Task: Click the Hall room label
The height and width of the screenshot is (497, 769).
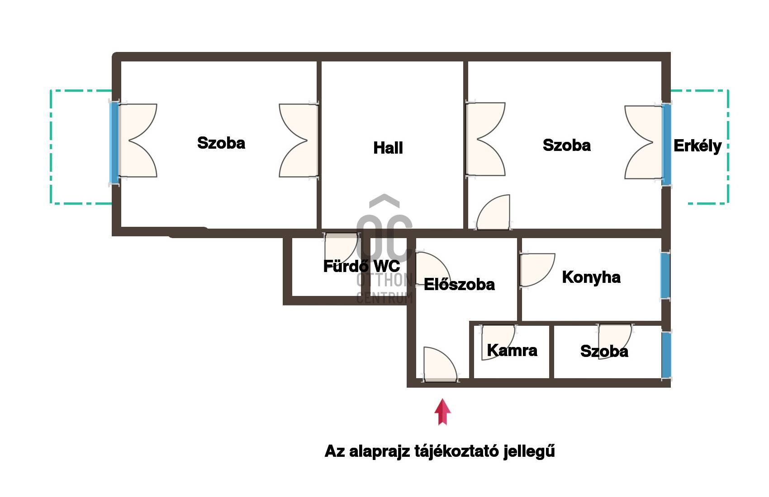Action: coord(388,148)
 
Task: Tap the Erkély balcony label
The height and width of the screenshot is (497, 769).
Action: coord(697,146)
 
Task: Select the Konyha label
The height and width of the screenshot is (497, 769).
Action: coord(591,277)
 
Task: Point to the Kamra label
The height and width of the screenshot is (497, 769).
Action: coord(512,351)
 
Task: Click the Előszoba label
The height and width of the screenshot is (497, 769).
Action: coord(459,285)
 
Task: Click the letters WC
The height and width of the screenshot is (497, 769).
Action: coord(387,267)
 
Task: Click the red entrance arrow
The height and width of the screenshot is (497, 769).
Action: coord(442,412)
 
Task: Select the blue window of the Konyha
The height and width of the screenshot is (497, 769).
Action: coord(665,276)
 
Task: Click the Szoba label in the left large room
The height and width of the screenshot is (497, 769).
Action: coord(221,143)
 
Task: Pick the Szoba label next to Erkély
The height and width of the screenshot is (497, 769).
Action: coord(566,145)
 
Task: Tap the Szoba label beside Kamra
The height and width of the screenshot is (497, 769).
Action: coord(604,351)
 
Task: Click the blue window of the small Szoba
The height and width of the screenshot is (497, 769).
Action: coord(666,355)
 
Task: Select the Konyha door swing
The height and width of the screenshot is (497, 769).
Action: coord(537,270)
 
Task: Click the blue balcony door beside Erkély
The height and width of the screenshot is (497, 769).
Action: coord(666,145)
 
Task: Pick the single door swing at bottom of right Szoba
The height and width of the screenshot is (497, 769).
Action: coord(494,212)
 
